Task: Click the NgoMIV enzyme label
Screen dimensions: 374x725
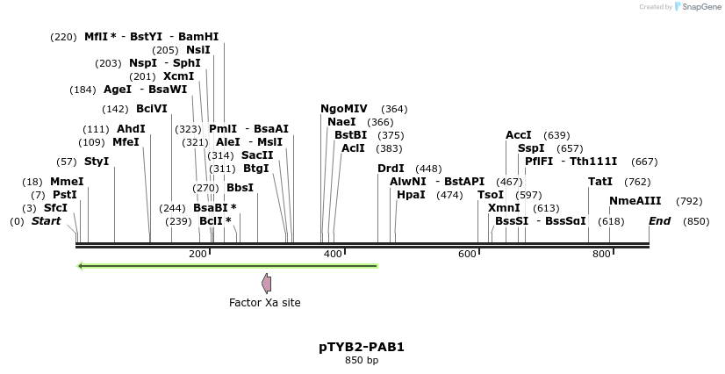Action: click(x=344, y=109)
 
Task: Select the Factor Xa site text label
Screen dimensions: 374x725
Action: click(x=264, y=303)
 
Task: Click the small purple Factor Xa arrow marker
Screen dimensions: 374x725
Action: click(x=266, y=283)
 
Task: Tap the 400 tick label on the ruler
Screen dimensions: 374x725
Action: click(x=334, y=254)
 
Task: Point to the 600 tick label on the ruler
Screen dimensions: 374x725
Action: click(x=468, y=254)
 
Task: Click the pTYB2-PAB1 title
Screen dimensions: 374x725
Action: click(x=362, y=347)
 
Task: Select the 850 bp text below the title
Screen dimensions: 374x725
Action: click(x=362, y=361)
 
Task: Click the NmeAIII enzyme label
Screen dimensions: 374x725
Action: click(x=635, y=201)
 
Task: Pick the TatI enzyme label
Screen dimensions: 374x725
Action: click(x=600, y=182)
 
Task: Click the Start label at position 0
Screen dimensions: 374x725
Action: click(x=47, y=221)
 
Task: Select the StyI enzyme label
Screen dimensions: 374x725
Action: click(x=97, y=162)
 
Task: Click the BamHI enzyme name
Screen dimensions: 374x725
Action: click(x=198, y=37)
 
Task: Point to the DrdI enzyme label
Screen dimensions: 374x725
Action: click(x=391, y=169)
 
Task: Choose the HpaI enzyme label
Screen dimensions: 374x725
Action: click(x=411, y=195)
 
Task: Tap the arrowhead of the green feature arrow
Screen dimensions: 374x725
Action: click(x=81, y=265)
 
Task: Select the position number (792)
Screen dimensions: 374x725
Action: click(x=689, y=201)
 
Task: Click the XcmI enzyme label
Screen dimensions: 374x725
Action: click(x=178, y=76)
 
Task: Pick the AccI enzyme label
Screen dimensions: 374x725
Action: click(x=519, y=135)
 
